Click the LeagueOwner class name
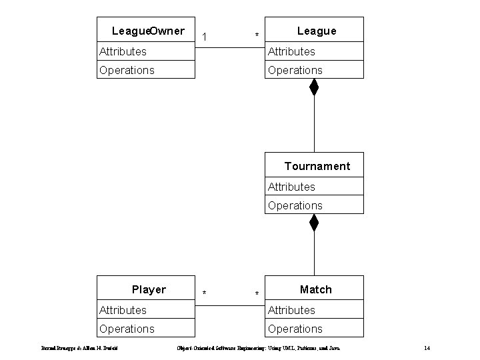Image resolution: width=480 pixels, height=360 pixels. [x=148, y=31]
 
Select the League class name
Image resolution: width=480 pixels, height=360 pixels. [x=317, y=31]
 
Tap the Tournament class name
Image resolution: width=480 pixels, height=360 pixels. [x=317, y=166]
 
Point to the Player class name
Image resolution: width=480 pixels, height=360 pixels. [x=149, y=289]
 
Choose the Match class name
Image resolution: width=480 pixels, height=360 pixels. [x=315, y=289]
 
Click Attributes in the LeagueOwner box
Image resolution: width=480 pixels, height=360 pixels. [x=123, y=51]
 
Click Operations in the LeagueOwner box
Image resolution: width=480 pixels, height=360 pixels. [x=127, y=70]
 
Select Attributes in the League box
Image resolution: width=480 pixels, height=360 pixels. [x=291, y=51]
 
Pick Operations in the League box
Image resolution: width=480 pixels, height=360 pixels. [x=295, y=70]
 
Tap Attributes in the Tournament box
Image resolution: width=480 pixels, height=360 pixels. [x=291, y=187]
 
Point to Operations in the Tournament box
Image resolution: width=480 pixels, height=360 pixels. [x=295, y=205]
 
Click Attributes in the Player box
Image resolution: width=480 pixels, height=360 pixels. [x=123, y=310]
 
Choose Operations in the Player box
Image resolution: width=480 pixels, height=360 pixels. [x=127, y=329]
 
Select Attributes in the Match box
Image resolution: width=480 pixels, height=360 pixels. [x=291, y=310]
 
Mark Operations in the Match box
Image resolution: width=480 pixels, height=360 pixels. [x=295, y=329]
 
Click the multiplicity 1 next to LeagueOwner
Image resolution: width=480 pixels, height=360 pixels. [x=205, y=35]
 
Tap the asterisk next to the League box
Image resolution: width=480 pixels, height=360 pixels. [x=257, y=36]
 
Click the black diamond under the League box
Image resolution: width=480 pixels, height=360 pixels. [x=314, y=87]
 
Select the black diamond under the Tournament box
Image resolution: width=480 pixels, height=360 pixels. [x=314, y=223]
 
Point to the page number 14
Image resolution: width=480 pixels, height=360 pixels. [x=427, y=348]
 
